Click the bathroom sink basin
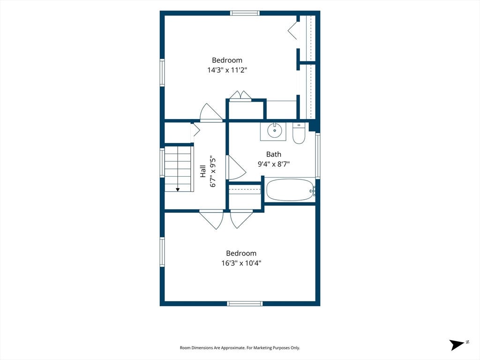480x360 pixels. (x=274, y=130)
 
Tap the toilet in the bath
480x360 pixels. (x=299, y=133)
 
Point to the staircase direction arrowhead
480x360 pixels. (x=178, y=190)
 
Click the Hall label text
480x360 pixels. (x=202, y=171)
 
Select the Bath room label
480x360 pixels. (x=274, y=154)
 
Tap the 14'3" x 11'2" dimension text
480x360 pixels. (x=227, y=70)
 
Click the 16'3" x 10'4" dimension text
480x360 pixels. (x=241, y=263)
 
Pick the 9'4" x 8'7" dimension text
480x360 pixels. (x=274, y=164)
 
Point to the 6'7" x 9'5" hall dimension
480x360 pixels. (x=213, y=172)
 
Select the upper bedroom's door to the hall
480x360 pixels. (x=211, y=112)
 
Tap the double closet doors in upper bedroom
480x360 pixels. (x=240, y=96)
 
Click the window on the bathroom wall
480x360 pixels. (x=318, y=156)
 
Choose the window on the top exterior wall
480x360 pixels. (x=245, y=13)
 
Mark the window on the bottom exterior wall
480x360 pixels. (x=245, y=303)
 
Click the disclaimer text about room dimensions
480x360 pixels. (x=240, y=348)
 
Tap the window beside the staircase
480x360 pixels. (x=162, y=163)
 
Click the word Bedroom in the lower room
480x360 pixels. (x=241, y=253)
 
